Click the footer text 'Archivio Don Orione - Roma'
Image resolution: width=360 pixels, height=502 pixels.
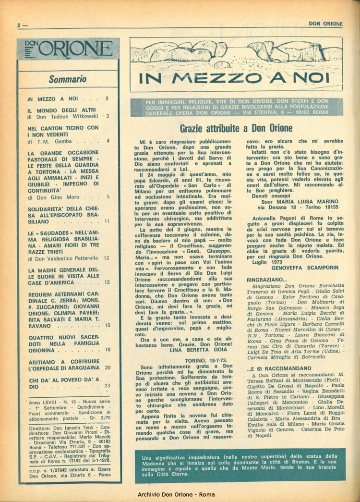tap(180, 493)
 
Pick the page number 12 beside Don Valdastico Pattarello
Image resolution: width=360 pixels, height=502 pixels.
tap(107, 258)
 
